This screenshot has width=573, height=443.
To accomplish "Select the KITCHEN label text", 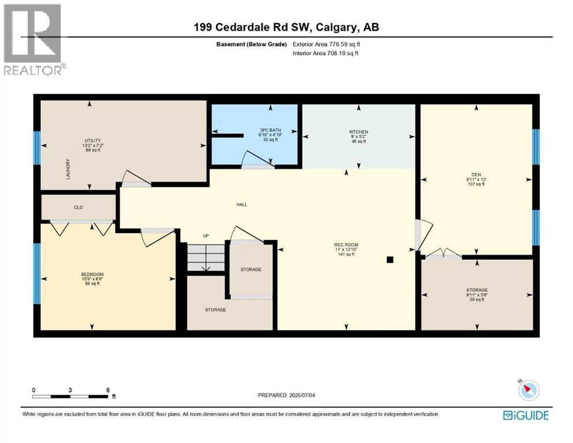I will pyautogui.click(x=358, y=132).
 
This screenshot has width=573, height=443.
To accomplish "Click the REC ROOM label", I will pyautogui.click(x=346, y=245).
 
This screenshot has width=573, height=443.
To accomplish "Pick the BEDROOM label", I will pyautogui.click(x=92, y=274).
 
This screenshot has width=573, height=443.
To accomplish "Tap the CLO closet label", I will pyautogui.click(x=78, y=207).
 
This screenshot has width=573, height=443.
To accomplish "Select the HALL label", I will pyautogui.click(x=242, y=204).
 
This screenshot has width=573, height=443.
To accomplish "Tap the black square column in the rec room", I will pyautogui.click(x=390, y=260).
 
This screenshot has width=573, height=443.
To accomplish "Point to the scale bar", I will pyautogui.click(x=70, y=396).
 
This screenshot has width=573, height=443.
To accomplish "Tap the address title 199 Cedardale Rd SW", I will pyautogui.click(x=286, y=27).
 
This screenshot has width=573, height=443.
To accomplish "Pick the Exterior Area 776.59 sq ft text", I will pyautogui.click(x=329, y=44).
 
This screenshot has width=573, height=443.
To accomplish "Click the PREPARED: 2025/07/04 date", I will pyautogui.click(x=287, y=395).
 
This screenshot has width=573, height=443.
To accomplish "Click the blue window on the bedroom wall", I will pyautogui.click(x=38, y=273).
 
